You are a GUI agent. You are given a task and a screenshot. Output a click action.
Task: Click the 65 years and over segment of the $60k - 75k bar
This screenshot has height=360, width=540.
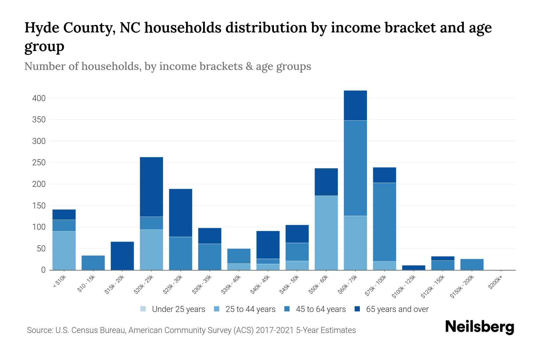[x=355, y=105]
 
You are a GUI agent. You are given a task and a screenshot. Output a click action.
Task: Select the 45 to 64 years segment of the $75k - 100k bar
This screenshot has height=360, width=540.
[x=384, y=222]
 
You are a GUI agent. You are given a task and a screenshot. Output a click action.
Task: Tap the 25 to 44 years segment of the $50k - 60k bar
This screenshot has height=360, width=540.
[x=326, y=233]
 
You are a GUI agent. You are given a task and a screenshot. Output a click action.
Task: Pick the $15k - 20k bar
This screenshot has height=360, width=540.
[x=122, y=256]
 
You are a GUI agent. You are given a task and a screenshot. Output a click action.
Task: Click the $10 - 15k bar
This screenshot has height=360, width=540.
[x=93, y=263]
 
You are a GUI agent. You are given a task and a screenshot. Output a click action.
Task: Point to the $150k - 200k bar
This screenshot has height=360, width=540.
[x=472, y=264]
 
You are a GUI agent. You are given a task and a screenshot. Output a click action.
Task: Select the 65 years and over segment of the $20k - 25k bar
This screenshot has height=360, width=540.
[x=151, y=187]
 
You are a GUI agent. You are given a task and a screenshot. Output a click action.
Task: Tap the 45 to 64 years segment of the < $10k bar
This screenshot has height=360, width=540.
[x=64, y=226]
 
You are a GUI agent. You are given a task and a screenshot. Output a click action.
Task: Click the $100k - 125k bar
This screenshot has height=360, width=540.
[x=413, y=268]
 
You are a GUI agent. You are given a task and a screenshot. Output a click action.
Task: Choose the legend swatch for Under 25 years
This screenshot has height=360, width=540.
[x=143, y=309]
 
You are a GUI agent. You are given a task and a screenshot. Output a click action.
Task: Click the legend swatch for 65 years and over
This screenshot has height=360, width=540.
[x=357, y=309]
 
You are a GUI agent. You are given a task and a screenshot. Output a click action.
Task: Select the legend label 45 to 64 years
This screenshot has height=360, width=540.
[x=321, y=309]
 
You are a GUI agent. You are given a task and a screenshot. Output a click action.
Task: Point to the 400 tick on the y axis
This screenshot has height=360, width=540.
[x=39, y=98]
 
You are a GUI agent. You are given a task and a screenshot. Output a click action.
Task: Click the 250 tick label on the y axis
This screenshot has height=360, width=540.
[x=39, y=163]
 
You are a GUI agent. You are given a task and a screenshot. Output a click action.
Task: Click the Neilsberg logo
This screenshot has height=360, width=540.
[x=479, y=327]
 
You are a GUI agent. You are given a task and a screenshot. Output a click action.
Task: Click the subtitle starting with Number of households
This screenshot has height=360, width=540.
[x=168, y=66]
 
